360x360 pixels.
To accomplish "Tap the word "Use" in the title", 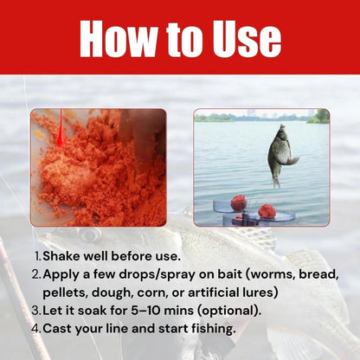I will click(x=241, y=38).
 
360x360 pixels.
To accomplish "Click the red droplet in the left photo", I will click(x=61, y=133).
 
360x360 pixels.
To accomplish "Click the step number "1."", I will click(x=36, y=256).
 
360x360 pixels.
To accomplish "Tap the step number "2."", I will click(x=36, y=274).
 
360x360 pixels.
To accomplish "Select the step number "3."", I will click(x=36, y=310).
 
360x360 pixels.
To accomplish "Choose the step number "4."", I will click(x=36, y=328).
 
